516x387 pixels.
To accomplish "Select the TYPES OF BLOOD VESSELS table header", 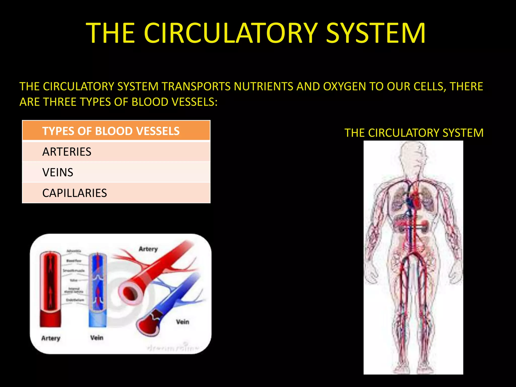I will (111, 131).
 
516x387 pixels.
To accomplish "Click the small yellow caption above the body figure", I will (414, 133).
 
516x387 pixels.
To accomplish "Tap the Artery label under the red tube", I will (51, 338).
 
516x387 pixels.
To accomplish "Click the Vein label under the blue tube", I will (97, 338).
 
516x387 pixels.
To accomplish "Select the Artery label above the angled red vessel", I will (148, 249).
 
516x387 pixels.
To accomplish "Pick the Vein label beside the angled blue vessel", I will (182, 322).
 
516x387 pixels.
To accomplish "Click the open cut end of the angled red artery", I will (129, 292).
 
